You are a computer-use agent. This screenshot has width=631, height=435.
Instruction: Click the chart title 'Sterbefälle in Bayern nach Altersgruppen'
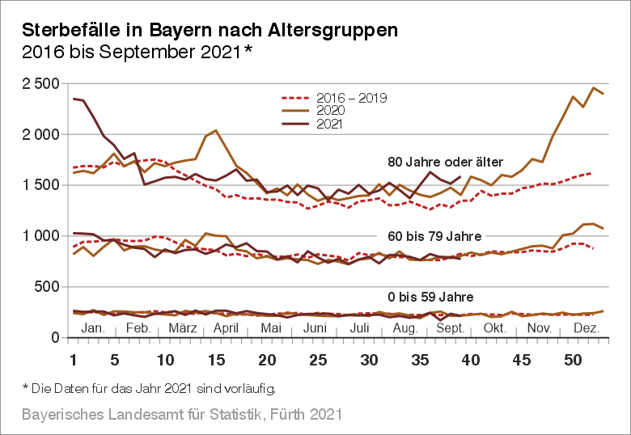pos(210,30)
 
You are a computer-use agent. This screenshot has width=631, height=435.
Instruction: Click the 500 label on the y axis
pos(45,287)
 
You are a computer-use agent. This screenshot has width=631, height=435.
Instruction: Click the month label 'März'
pos(183,327)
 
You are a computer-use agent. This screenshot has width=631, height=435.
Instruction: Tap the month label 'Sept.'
pos(451,327)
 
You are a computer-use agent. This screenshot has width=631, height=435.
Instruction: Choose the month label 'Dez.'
pos(586,327)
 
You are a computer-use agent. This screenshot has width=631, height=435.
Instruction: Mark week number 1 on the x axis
pos(74,359)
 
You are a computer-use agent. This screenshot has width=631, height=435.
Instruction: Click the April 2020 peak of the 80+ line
pos(215,130)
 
